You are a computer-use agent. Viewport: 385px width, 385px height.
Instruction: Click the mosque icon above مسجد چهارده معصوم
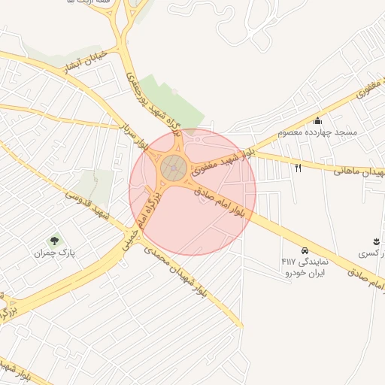pyautogui.click(x=318, y=121)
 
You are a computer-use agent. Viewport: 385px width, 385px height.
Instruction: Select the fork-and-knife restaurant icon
pyautogui.click(x=299, y=168)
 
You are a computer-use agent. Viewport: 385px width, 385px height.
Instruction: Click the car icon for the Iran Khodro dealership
pyautogui.click(x=305, y=250)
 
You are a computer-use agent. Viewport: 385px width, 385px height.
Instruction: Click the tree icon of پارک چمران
pyautogui.click(x=54, y=241)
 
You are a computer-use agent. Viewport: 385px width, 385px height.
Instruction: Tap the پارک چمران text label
pyautogui.click(x=54, y=254)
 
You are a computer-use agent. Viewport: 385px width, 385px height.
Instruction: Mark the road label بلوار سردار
pyautogui.click(x=131, y=134)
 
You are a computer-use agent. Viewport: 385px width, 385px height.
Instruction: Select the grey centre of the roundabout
pyautogui.click(x=174, y=167)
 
